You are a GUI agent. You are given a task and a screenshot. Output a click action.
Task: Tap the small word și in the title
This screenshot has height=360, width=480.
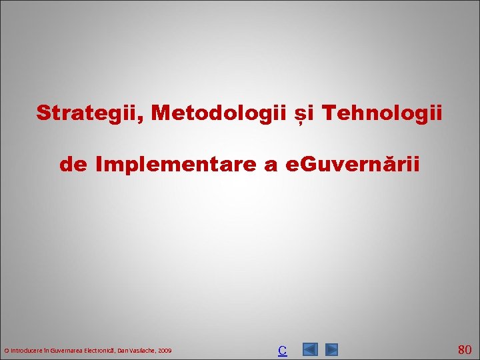click(x=304, y=113)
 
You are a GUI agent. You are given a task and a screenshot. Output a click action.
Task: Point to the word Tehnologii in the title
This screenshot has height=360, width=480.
click(x=383, y=113)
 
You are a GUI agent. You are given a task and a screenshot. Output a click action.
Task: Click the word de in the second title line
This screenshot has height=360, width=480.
click(x=74, y=164)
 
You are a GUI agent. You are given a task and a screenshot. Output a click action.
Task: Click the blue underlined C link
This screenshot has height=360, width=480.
click(x=282, y=350)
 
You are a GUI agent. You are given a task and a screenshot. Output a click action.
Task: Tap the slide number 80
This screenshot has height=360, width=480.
click(x=465, y=349)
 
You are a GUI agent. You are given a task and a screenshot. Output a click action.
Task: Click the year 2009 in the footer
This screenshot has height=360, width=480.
click(x=165, y=350)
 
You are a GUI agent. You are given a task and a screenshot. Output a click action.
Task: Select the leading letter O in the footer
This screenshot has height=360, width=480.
click(x=6, y=350)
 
